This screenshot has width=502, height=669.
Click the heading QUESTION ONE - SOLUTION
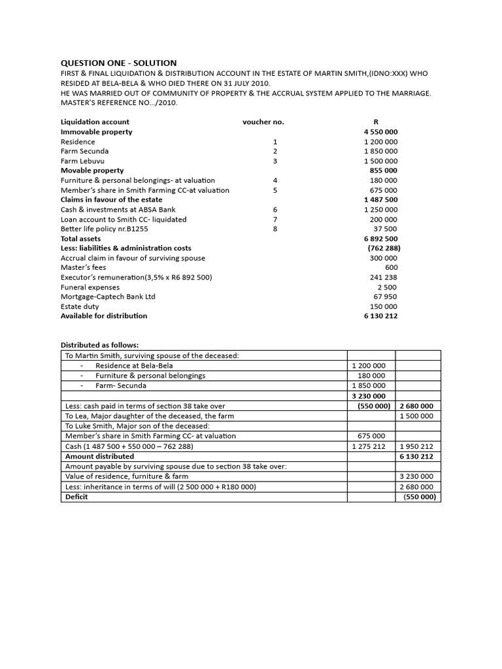[118, 63]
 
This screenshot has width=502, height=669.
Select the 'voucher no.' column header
[263, 122]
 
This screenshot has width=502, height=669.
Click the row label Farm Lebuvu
[82, 161]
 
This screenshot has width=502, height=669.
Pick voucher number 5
[275, 190]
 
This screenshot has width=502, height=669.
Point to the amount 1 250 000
[380, 210]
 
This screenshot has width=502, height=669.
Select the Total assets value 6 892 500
[380, 239]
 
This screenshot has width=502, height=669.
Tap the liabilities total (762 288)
[384, 248]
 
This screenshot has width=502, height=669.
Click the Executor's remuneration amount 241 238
[384, 277]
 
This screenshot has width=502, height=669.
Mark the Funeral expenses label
[90, 287]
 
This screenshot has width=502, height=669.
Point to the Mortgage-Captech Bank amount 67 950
[386, 297]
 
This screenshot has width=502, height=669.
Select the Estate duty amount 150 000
[384, 306]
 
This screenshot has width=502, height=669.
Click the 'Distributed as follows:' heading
[99, 345]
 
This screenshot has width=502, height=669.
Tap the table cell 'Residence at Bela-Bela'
[134, 366]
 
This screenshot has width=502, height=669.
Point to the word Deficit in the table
[76, 497]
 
